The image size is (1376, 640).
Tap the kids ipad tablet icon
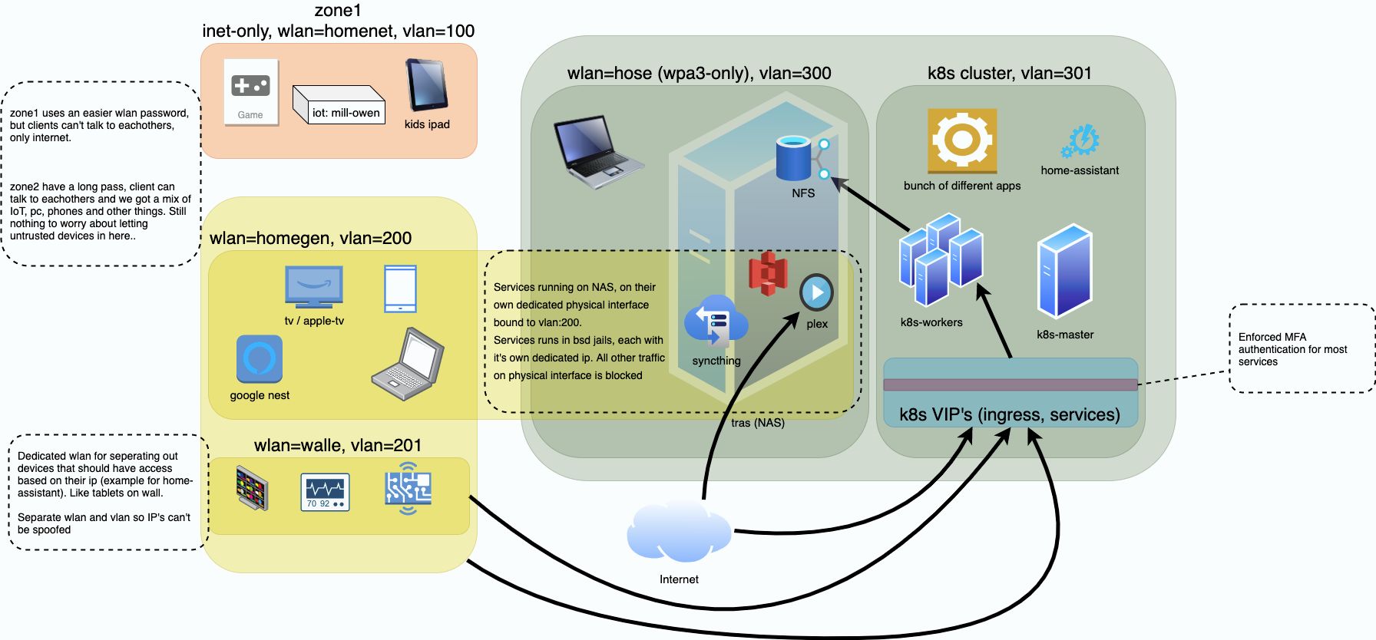426,85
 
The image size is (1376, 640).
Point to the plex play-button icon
816,292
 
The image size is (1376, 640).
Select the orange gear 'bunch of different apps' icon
962,141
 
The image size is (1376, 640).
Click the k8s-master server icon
1064,271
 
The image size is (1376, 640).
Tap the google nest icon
259,359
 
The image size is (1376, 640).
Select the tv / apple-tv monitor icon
313,287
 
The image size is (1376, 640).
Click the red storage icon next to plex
769,273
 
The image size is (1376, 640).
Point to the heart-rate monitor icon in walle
325,492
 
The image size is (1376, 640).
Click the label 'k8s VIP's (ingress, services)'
1009,414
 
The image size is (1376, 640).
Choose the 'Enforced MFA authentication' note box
1300,349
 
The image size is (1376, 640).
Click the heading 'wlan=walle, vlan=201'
338,445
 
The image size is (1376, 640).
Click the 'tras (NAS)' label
757,423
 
